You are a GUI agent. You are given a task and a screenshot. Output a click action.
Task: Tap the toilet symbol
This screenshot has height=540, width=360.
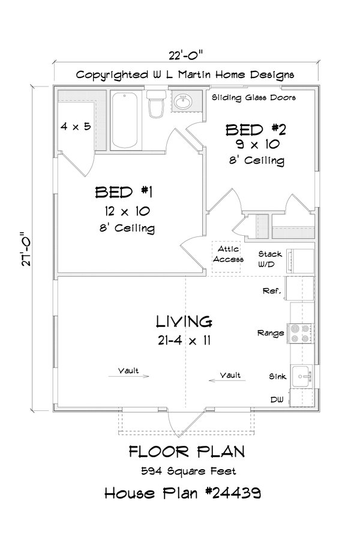156,105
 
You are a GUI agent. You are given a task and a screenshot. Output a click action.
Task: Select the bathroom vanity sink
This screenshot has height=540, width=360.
182,101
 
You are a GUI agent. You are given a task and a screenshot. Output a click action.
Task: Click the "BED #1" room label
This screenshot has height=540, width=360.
125,192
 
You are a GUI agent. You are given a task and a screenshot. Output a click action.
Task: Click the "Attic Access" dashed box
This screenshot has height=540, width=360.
227,254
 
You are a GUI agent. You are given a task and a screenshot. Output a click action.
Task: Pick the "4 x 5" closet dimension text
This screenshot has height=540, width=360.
76,127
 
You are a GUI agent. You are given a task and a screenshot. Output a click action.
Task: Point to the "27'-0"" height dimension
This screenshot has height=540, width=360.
24,251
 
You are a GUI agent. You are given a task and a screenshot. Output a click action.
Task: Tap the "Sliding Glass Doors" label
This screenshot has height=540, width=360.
254,97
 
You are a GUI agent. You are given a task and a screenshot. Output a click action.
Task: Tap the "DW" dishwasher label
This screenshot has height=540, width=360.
277,398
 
